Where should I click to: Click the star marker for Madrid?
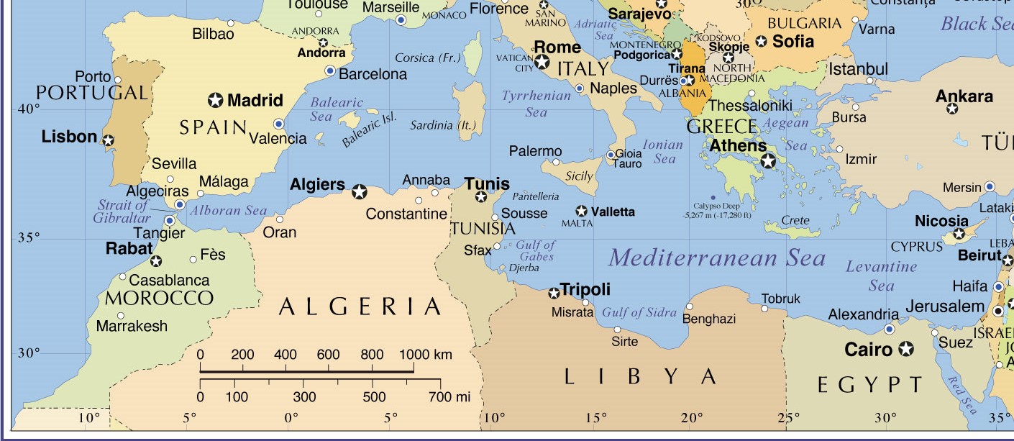point(215,100)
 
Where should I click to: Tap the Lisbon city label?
point(69,137)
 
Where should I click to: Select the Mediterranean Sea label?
point(716,258)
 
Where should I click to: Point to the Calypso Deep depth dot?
point(712,197)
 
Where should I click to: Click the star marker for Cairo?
point(906,350)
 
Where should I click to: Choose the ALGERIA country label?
point(360,307)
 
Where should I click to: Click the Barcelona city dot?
point(330,71)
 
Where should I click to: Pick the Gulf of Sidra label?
point(639,312)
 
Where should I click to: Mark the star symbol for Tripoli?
point(554,293)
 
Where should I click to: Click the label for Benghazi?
point(709,319)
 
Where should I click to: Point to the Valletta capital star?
point(582,211)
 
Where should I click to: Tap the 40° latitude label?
point(29,109)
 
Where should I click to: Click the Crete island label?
point(795,220)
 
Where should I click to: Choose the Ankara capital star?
point(952,109)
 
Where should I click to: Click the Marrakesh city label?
point(132,326)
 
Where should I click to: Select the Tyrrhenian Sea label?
point(536,104)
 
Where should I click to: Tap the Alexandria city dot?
point(890,329)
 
